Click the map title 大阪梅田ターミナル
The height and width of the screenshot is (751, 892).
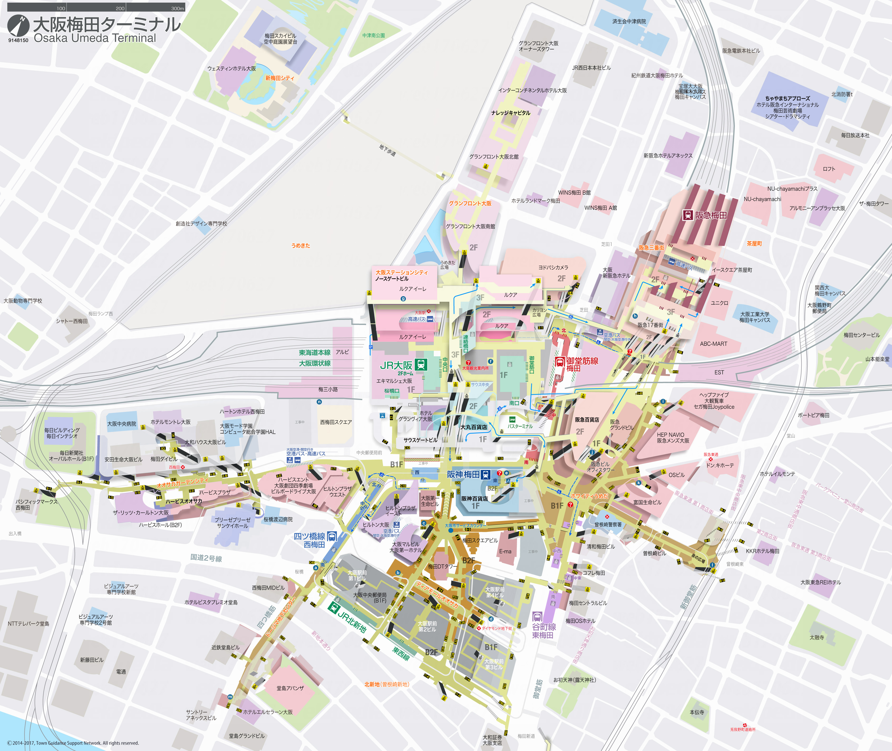(107, 25)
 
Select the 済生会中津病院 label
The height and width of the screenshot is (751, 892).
(629, 21)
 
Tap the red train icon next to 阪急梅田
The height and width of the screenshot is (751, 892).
(688, 215)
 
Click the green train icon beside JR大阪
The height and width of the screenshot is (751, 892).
(421, 365)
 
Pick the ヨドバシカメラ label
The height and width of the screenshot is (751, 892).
(553, 267)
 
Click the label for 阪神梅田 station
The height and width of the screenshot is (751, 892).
(463, 474)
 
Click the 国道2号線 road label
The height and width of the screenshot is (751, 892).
(206, 558)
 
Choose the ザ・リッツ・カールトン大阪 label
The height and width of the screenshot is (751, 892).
(141, 513)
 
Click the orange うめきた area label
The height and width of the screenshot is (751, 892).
(301, 246)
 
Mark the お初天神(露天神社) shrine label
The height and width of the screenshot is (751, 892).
(574, 680)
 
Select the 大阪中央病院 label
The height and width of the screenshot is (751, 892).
(122, 424)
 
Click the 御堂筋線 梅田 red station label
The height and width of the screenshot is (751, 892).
(582, 364)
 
